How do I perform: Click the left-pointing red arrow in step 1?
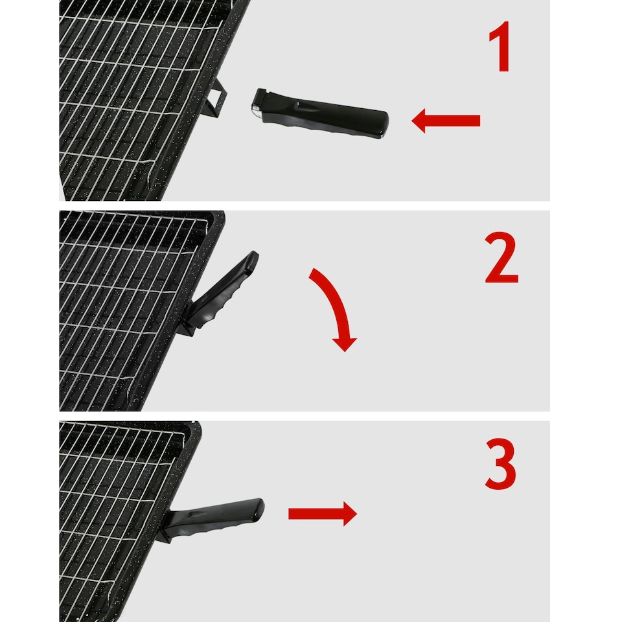pyautogui.click(x=446, y=121)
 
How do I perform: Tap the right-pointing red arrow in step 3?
pyautogui.click(x=322, y=514)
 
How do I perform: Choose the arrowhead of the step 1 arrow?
pyautogui.click(x=420, y=121)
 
